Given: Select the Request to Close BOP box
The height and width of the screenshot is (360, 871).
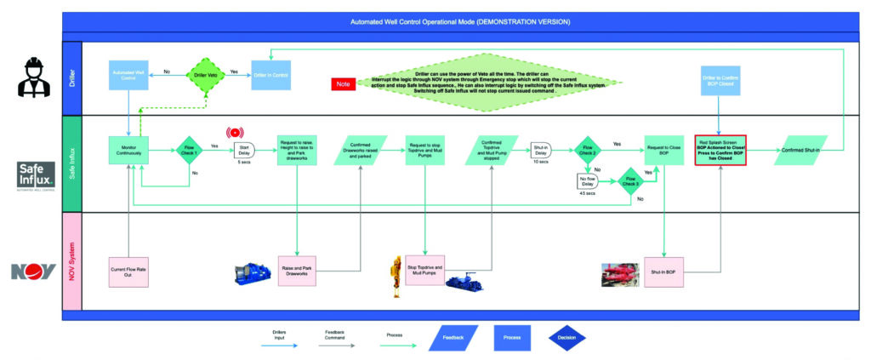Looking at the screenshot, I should pyautogui.click(x=663, y=149).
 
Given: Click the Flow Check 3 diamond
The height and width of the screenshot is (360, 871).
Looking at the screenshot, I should pyautogui.click(x=630, y=180).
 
